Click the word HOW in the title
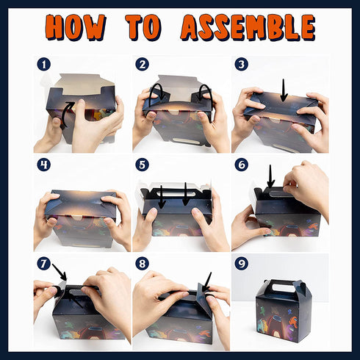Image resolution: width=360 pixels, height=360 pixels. tap(76, 27)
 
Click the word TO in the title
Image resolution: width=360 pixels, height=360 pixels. tap(143, 27)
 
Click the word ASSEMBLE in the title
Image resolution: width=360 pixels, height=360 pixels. tap(248, 27)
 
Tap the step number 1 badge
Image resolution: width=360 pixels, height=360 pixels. tap(44, 65)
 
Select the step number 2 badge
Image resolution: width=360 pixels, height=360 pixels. tap(143, 65)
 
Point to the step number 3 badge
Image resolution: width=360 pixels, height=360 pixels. tap(242, 65)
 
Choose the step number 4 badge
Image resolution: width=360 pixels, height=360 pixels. tap(44, 165)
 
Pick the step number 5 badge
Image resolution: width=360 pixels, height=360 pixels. tap(143, 165)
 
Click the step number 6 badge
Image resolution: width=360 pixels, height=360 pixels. tap(242, 165)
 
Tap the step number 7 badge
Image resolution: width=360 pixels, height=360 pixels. tap(44, 264)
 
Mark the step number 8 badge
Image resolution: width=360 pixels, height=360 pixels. tap(143, 264)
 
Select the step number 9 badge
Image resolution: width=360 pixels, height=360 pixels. tap(242, 264)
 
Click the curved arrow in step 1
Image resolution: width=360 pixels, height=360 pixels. tap(63, 114)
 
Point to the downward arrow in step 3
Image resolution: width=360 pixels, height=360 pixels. tap(284, 90)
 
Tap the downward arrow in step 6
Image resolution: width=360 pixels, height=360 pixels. tap(270, 176)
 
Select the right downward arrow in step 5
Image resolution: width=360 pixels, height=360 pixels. tap(186, 194)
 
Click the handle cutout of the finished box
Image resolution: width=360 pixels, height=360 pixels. tap(284, 287)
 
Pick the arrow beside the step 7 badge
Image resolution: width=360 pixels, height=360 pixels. tap(60, 272)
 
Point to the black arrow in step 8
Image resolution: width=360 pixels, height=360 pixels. tap(206, 282)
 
